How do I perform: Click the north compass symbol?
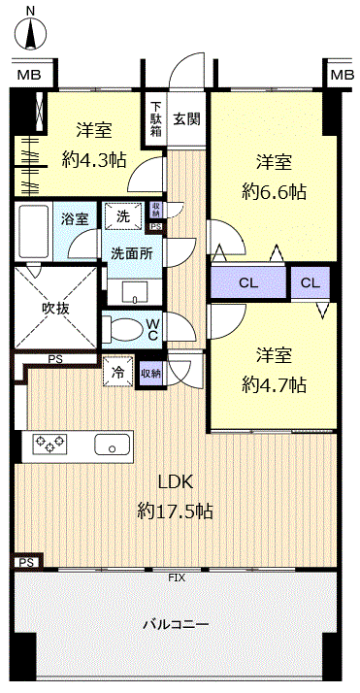click(30, 32)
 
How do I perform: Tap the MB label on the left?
click(29, 75)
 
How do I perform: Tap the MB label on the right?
click(343, 75)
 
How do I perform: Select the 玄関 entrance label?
click(187, 118)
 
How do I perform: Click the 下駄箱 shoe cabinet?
click(156, 118)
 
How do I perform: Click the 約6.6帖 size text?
click(275, 192)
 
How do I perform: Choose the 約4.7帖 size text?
click(275, 385)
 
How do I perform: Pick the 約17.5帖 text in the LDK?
click(176, 511)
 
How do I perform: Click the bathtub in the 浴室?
click(33, 231)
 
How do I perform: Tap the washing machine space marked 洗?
click(124, 216)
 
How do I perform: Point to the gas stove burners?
click(49, 443)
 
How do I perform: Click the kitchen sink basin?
click(113, 445)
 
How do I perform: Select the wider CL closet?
click(248, 283)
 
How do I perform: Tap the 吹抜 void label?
click(56, 309)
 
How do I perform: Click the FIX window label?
click(177, 577)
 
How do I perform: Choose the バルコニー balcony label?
click(176, 624)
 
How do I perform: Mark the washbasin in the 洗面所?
click(135, 292)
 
